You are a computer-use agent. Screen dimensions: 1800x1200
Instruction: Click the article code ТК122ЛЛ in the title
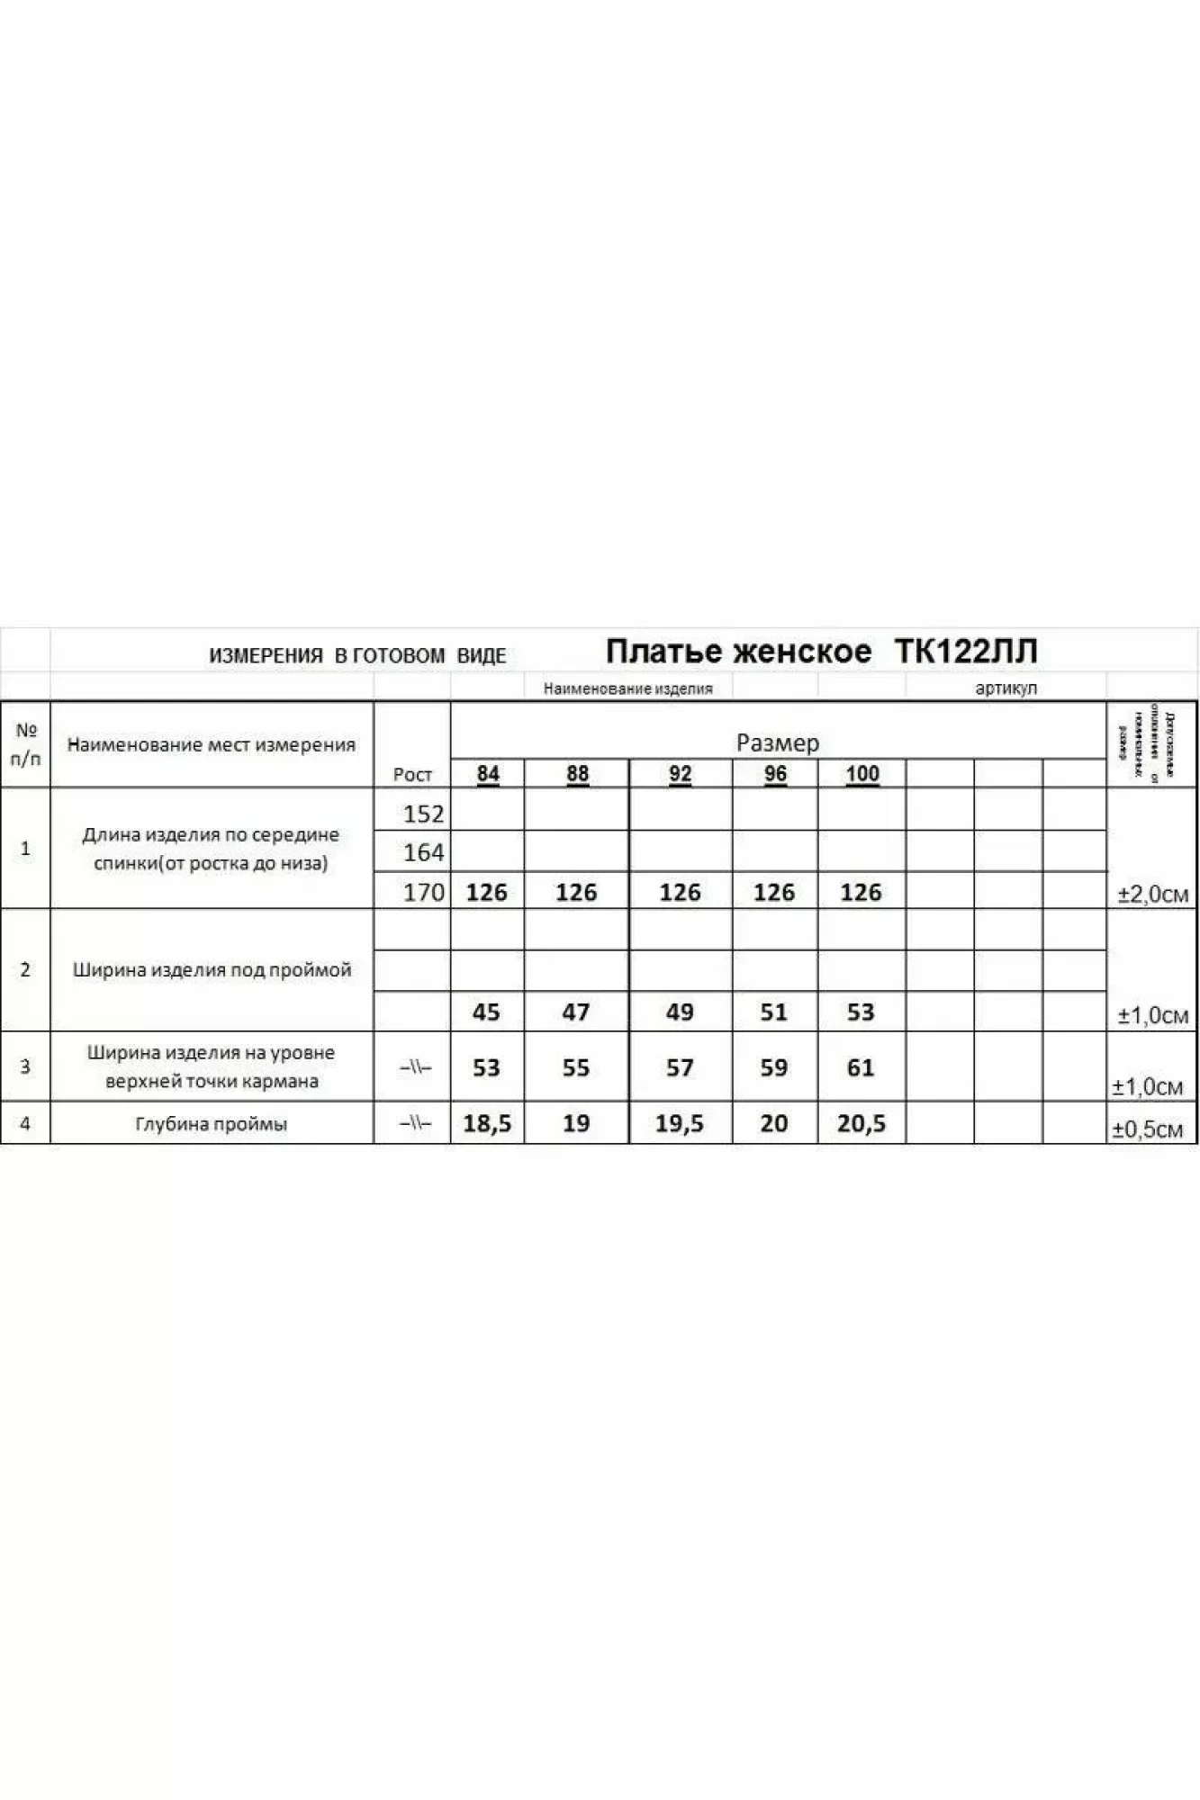pos(966,651)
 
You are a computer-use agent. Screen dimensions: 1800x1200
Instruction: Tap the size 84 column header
pos(488,773)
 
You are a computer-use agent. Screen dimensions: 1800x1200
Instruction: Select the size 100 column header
pos(862,773)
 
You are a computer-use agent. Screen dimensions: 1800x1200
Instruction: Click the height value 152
pos(423,814)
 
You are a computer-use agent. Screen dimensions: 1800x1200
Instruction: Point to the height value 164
pos(423,851)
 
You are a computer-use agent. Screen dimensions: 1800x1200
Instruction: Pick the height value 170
pos(423,892)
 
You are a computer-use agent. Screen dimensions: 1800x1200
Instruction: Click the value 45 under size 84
pos(486,1012)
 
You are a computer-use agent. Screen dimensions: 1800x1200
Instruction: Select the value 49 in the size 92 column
pos(680,1012)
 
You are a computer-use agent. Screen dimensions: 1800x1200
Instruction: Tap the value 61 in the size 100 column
pos(861,1067)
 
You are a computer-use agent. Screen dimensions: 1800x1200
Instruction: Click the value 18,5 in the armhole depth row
pos(487,1123)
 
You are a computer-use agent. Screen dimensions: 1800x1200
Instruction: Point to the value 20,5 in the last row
pos(862,1123)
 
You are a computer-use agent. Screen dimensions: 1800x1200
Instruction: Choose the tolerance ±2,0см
pos(1152,894)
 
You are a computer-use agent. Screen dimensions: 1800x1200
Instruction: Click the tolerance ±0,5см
pos(1147,1129)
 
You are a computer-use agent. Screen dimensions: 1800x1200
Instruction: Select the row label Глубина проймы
pos(212,1124)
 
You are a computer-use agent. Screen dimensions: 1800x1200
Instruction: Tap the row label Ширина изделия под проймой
pos(212,970)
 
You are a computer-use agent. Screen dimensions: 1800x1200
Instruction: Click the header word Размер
pos(778,742)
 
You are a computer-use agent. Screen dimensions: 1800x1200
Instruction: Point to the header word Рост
pos(412,774)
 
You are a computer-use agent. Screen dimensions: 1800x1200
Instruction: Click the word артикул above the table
pos(1006,688)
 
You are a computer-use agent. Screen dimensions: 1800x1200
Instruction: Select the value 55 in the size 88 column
pos(576,1067)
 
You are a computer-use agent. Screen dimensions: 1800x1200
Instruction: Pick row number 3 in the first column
pos(25,1066)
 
